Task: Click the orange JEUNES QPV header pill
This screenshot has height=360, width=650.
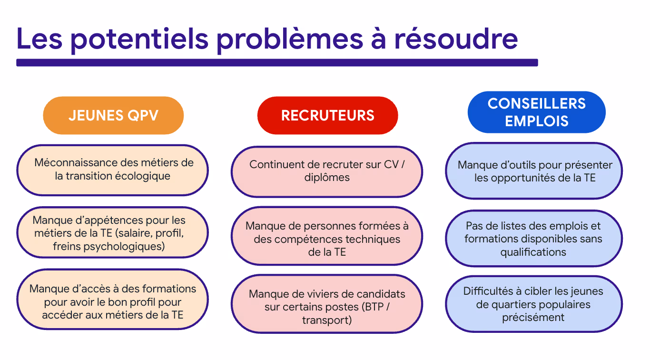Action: click(x=113, y=115)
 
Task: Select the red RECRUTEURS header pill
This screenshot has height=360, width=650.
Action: click(x=327, y=115)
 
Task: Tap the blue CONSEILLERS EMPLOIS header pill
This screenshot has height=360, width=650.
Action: click(x=536, y=112)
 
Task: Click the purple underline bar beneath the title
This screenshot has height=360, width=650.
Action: click(x=277, y=62)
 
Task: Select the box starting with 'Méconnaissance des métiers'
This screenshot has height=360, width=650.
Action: click(x=113, y=170)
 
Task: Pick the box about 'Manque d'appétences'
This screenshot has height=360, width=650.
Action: click(x=113, y=233)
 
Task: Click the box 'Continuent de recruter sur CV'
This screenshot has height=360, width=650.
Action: click(x=327, y=171)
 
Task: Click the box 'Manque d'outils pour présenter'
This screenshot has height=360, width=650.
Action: click(x=534, y=171)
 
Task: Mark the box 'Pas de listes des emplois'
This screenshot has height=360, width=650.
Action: click(x=534, y=238)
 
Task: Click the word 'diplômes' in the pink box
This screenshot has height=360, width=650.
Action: click(x=327, y=178)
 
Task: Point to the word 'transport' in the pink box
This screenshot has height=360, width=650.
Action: click(x=327, y=320)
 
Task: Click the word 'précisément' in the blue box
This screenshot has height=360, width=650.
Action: click(x=533, y=317)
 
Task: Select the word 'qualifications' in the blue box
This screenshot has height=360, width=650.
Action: click(x=533, y=252)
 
